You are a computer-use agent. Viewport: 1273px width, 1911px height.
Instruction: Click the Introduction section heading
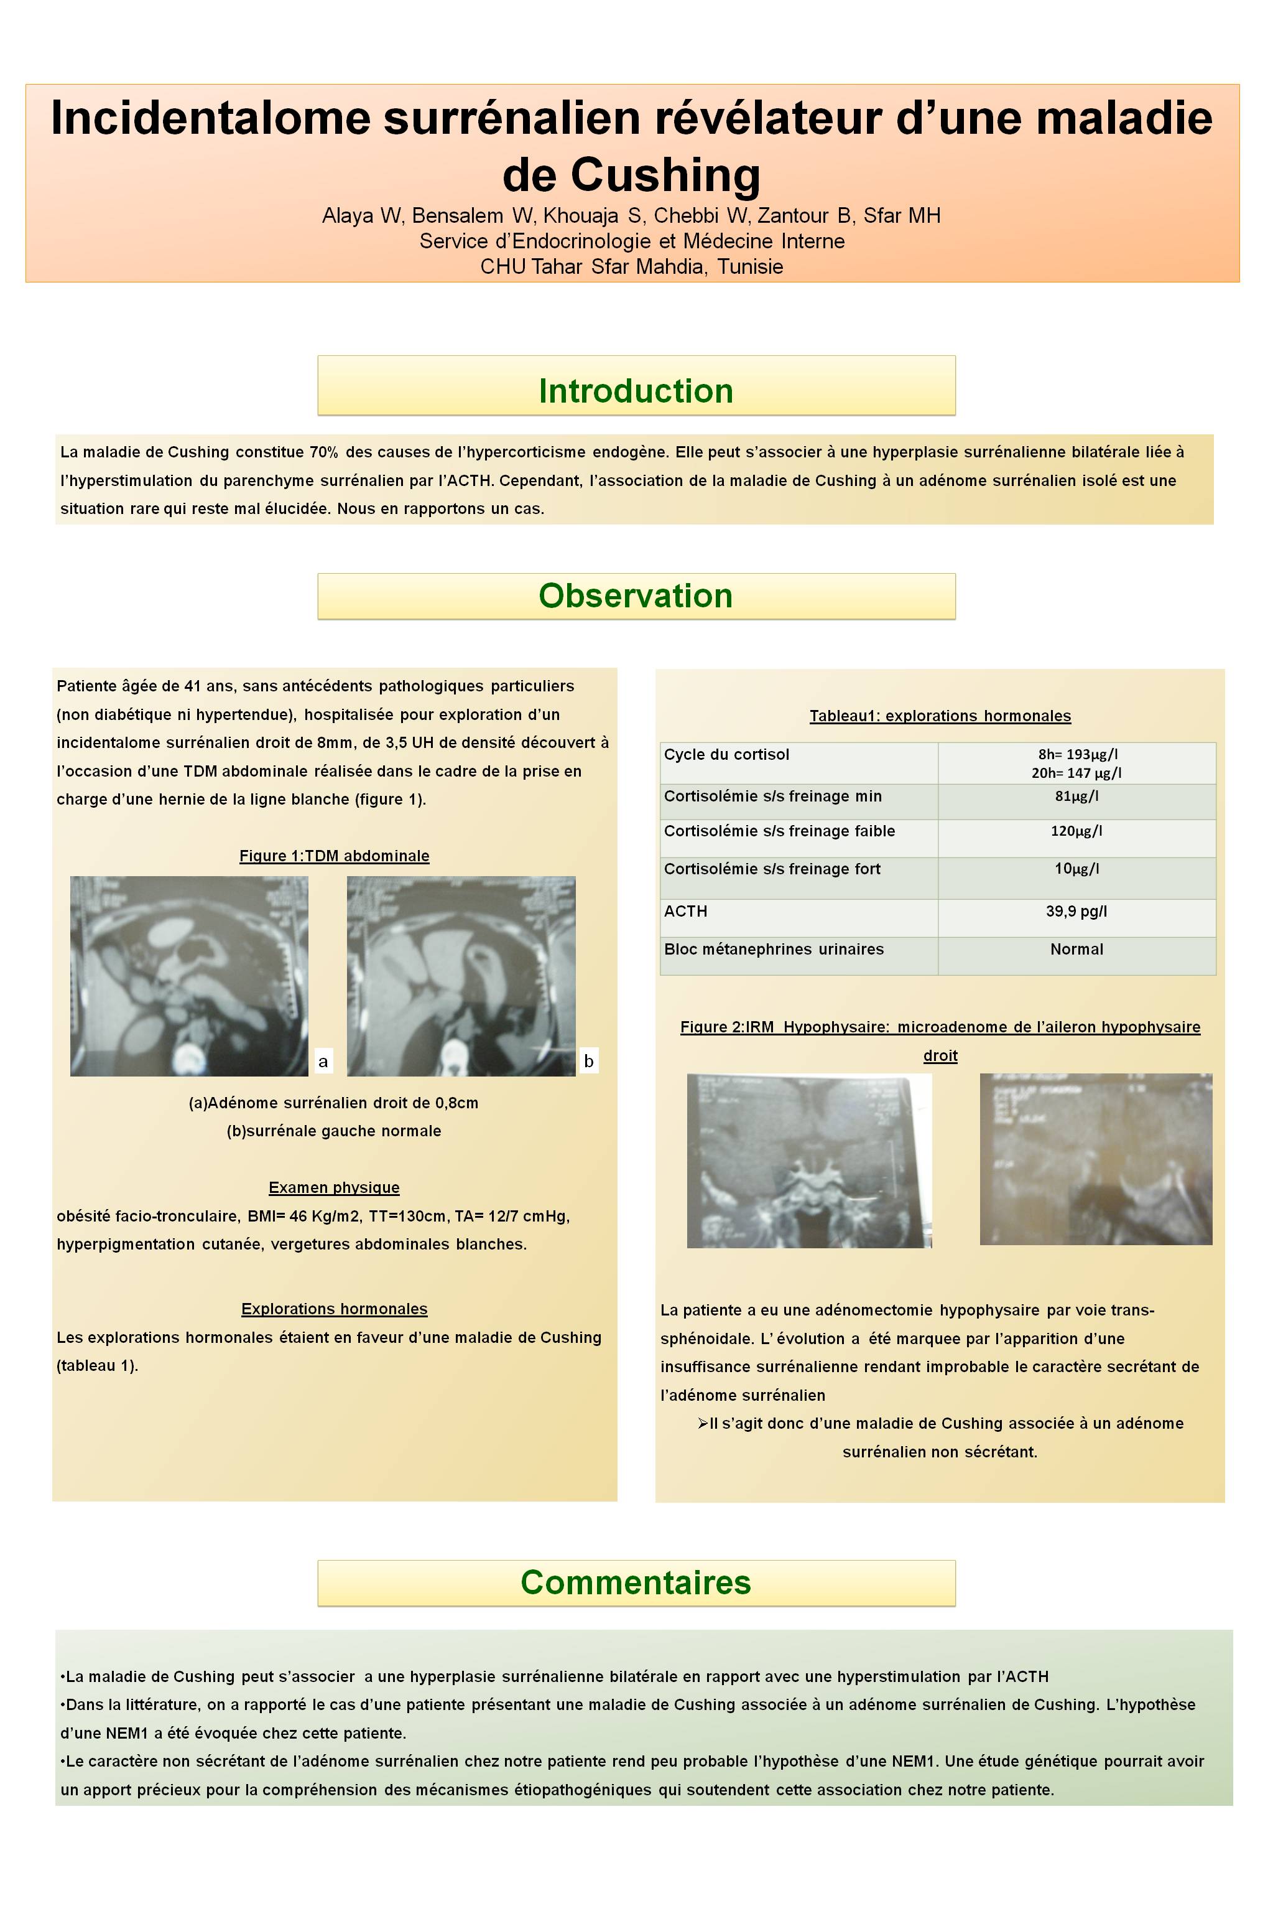(636, 391)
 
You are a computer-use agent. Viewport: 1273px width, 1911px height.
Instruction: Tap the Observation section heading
(636, 596)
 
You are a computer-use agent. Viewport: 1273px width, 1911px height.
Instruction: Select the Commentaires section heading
(636, 1581)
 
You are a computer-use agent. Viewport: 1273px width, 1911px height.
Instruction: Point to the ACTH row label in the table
(685, 911)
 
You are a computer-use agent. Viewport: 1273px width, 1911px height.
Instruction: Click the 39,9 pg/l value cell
(1076, 911)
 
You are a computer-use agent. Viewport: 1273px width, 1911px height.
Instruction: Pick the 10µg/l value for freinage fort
(1076, 868)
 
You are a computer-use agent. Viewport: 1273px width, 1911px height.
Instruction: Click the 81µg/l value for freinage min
(1076, 796)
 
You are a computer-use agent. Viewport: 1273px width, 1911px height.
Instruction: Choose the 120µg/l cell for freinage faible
(1076, 831)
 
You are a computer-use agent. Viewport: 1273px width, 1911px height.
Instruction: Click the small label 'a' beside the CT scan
(323, 1061)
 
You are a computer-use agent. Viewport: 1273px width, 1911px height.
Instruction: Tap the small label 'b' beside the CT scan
(588, 1061)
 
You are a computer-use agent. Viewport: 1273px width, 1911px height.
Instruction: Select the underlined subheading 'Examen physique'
(334, 1187)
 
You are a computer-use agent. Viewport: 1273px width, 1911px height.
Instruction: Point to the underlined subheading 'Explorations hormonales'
(334, 1309)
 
